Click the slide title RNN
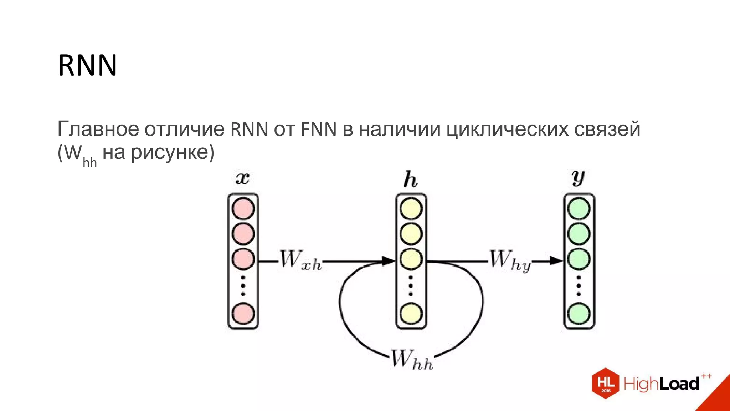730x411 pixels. pyautogui.click(x=87, y=65)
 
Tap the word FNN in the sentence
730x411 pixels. pyautogui.click(x=319, y=129)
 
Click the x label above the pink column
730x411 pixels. pyautogui.click(x=243, y=178)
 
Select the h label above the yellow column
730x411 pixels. pyautogui.click(x=410, y=179)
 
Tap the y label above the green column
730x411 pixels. pyautogui.click(x=578, y=178)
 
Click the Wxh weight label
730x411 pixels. pyautogui.click(x=300, y=260)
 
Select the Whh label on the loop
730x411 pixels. pyautogui.click(x=412, y=360)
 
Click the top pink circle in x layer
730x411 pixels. pyautogui.click(x=243, y=209)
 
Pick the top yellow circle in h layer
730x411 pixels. pyautogui.click(x=411, y=209)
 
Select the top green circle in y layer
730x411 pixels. pyautogui.click(x=579, y=209)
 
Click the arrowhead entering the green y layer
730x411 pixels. pyautogui.click(x=556, y=261)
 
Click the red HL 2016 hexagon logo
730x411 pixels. pyautogui.click(x=605, y=383)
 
